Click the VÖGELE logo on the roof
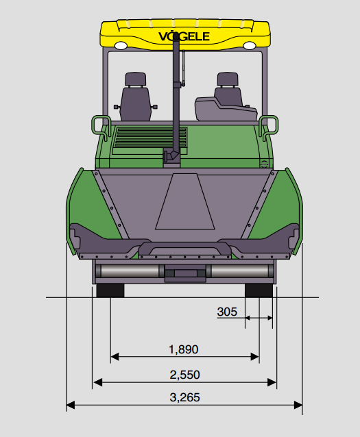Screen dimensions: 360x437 184,36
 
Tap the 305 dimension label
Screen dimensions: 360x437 227,312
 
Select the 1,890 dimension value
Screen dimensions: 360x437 184,349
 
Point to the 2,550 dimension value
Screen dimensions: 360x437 184,375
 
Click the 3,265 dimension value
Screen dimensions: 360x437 184,397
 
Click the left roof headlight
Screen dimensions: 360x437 121,45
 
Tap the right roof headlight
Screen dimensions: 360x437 249,45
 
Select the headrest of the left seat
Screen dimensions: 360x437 136,79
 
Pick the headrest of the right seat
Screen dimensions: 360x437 228,79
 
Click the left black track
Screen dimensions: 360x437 110,290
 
